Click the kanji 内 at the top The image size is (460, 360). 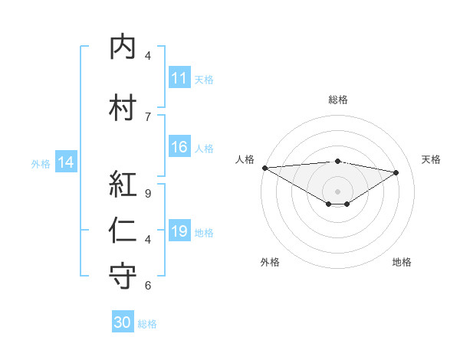pos(123,47)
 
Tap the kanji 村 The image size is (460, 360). pos(123,106)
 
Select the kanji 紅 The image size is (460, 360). pos(123,184)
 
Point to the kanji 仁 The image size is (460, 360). pos(123,231)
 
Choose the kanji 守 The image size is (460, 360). pos(123,277)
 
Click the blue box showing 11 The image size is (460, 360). pos(179,78)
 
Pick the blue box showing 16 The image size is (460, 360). pos(179,147)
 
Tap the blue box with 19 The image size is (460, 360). pos(179,231)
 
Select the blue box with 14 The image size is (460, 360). pos(66,162)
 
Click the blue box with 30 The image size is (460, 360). pos(123,322)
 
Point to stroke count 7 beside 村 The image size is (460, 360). pos(148,116)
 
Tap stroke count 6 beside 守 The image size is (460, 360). pos(148,286)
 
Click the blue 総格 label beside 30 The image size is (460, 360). pos(147,324)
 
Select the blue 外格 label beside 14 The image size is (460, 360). pos(41,163)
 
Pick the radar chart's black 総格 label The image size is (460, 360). pos(337,100)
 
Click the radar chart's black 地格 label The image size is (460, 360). pos(402,262)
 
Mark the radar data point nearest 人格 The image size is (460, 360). pos(264,167)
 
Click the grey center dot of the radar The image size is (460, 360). pos(337,191)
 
